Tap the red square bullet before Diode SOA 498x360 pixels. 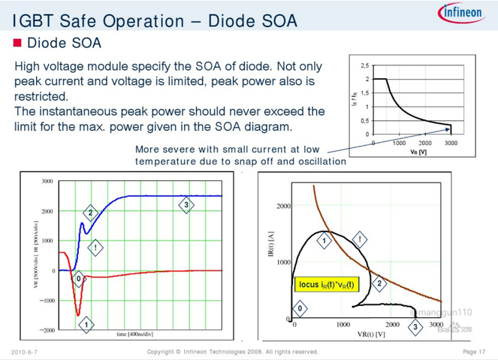pyautogui.click(x=18, y=43)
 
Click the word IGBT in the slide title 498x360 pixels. pyautogui.click(x=31, y=20)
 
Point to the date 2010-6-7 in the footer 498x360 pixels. pyautogui.click(x=24, y=352)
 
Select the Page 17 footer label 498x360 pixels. pyautogui.click(x=472, y=352)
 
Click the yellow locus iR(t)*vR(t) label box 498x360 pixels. pyautogui.click(x=327, y=285)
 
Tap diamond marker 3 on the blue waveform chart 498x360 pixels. pyautogui.click(x=186, y=205)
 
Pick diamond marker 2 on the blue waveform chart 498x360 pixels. pyautogui.click(x=90, y=213)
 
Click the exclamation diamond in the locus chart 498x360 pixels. pyautogui.click(x=360, y=240)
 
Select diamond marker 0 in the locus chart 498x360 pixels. pyautogui.click(x=300, y=308)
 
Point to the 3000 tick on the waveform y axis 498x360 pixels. pyautogui.click(x=47, y=182)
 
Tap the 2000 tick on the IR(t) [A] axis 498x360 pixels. pyautogui.click(x=282, y=206)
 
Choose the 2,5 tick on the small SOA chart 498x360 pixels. pyautogui.click(x=364, y=65)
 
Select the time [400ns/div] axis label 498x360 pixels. pyautogui.click(x=137, y=333)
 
